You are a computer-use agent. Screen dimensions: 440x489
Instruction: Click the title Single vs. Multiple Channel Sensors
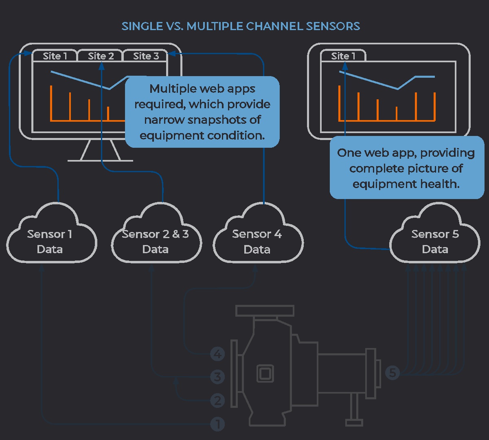[241, 26]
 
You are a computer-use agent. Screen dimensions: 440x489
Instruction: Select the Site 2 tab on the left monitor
[101, 56]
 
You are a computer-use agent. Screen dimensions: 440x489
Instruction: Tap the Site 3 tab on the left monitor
[146, 56]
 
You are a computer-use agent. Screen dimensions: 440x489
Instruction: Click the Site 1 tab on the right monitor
[343, 56]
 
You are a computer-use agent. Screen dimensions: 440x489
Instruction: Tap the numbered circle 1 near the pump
[217, 425]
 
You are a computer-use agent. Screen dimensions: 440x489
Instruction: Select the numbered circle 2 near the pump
[217, 401]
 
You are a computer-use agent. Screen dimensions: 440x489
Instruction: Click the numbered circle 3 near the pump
[217, 377]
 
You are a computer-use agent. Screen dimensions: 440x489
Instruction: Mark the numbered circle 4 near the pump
[217, 354]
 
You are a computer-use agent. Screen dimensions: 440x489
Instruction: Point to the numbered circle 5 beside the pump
[393, 372]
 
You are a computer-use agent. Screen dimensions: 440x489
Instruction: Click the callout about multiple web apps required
[202, 112]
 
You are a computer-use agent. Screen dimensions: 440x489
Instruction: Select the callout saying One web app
[406, 168]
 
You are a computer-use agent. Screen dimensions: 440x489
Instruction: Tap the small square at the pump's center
[265, 373]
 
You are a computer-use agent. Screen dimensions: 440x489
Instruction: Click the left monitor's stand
[100, 151]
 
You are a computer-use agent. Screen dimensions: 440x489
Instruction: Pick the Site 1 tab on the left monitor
[55, 56]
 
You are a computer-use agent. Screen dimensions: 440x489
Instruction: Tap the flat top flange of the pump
[265, 311]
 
